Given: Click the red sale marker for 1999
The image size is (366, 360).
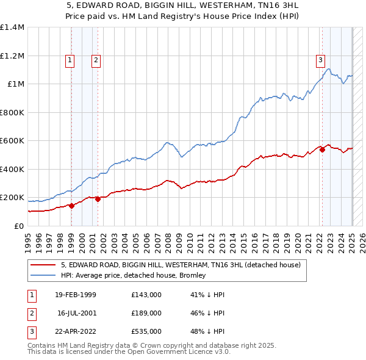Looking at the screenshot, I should click(72, 206).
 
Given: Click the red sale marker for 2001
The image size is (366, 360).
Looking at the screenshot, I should click(98, 199).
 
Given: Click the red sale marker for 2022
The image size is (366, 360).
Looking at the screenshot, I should click(321, 150).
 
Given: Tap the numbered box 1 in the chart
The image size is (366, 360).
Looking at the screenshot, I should click(70, 60).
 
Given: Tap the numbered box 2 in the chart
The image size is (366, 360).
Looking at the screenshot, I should click(96, 60).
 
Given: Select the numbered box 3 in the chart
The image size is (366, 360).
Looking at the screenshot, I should click(320, 60).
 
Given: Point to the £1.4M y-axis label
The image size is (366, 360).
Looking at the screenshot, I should click(12, 27).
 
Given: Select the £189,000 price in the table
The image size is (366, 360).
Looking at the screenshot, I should click(146, 313).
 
